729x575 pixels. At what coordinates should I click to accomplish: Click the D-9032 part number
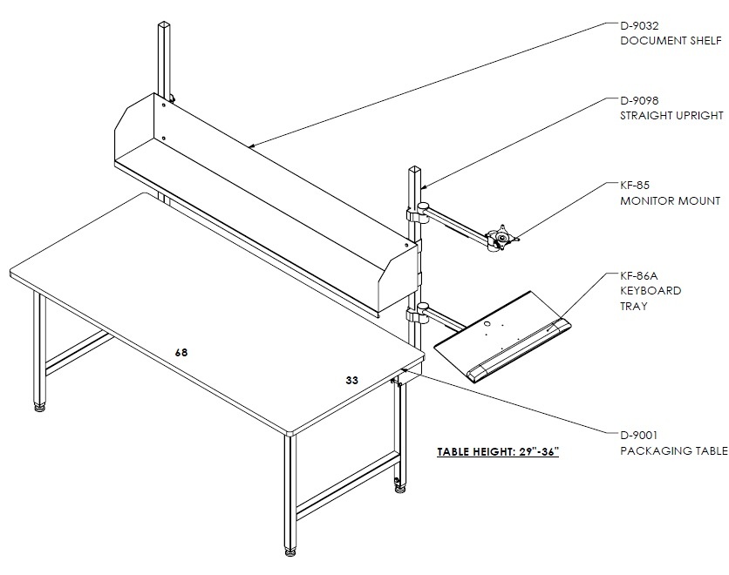click(639, 25)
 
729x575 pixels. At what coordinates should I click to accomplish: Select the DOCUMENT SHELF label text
click(671, 41)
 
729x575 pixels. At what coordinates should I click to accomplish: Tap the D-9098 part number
click(639, 100)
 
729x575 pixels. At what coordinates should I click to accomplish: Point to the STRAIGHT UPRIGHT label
click(671, 116)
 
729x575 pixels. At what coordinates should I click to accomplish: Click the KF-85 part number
click(635, 186)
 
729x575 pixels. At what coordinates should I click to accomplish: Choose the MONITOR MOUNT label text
click(671, 201)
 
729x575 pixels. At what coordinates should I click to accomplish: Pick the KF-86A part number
click(639, 276)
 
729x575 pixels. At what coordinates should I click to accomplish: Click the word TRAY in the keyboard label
click(634, 307)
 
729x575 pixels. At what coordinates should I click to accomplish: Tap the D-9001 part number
click(639, 436)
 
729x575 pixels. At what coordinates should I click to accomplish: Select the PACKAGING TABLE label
click(674, 451)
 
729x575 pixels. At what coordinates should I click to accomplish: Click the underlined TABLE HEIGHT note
click(498, 452)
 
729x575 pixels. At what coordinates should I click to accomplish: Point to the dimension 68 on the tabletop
click(181, 353)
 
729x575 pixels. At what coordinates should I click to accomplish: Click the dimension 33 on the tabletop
click(352, 381)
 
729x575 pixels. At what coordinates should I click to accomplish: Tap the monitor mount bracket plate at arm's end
click(502, 235)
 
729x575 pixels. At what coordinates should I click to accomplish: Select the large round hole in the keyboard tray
click(487, 324)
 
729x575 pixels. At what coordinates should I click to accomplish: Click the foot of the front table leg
click(290, 552)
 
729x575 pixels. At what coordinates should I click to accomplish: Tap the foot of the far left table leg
click(40, 409)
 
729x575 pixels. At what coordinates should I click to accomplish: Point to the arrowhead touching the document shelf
click(253, 145)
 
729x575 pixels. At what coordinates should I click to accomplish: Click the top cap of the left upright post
click(165, 24)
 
